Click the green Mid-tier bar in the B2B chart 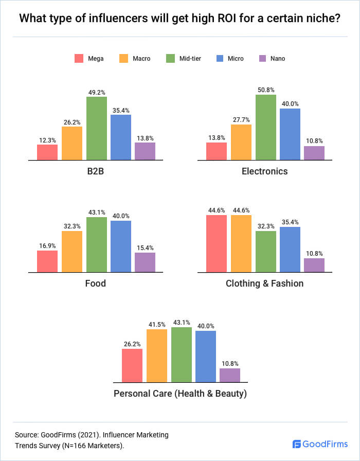tap(97, 128)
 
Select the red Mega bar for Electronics tap(217, 151)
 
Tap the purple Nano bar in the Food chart tap(145, 262)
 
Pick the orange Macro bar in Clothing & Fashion tap(241, 243)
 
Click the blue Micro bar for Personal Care tap(206, 357)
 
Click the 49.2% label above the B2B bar tap(97, 93)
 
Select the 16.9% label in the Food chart tap(47, 245)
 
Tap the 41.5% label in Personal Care tap(157, 324)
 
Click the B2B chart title tap(97, 172)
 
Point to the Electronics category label tap(265, 172)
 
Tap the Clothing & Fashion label tap(265, 283)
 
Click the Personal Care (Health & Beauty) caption tap(181, 394)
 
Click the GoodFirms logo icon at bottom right tap(297, 444)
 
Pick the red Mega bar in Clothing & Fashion tap(217, 243)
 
